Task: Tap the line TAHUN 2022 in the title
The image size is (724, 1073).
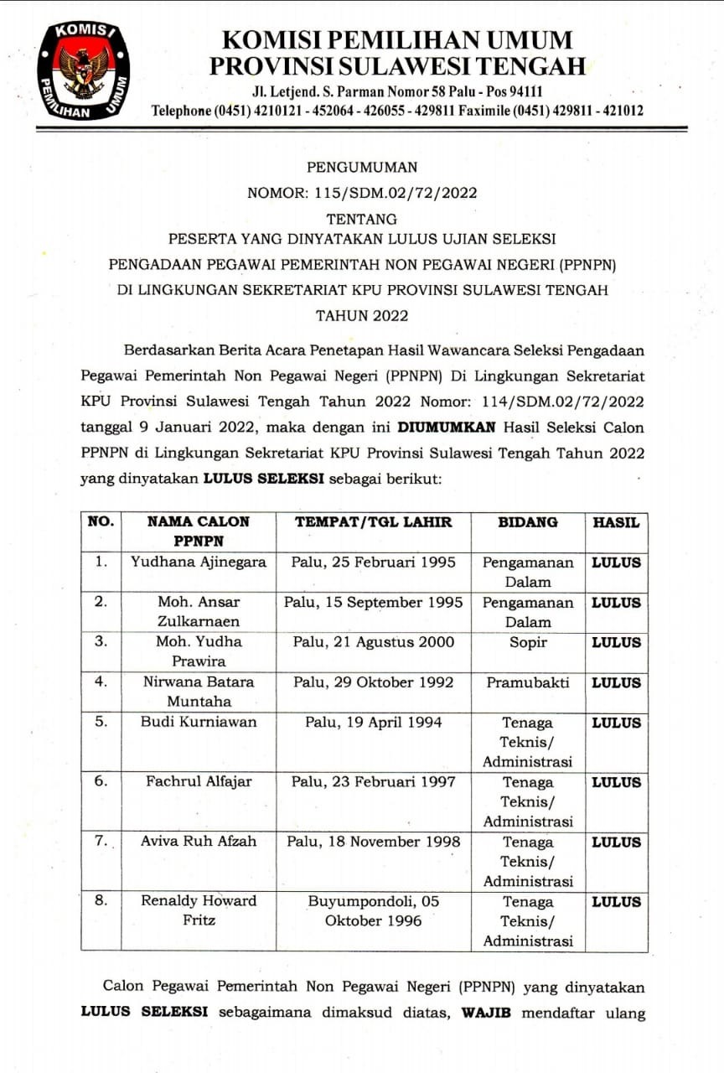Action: (362, 316)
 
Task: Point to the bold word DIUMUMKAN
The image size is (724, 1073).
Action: (445, 427)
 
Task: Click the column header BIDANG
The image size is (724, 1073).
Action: (528, 521)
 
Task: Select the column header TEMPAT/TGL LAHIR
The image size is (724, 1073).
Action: (373, 521)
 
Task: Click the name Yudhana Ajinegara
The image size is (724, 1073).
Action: (199, 562)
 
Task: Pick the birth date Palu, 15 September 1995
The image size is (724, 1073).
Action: (373, 602)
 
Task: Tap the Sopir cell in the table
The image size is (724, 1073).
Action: (528, 642)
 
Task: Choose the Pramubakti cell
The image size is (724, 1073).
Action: (528, 682)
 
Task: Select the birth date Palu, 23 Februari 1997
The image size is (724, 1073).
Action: (373, 781)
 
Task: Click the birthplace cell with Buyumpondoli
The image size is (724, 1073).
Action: (373, 910)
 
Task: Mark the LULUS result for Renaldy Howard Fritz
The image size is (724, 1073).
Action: (616, 902)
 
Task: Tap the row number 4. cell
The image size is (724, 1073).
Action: (101, 682)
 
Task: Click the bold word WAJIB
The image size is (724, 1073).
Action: (487, 1013)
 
